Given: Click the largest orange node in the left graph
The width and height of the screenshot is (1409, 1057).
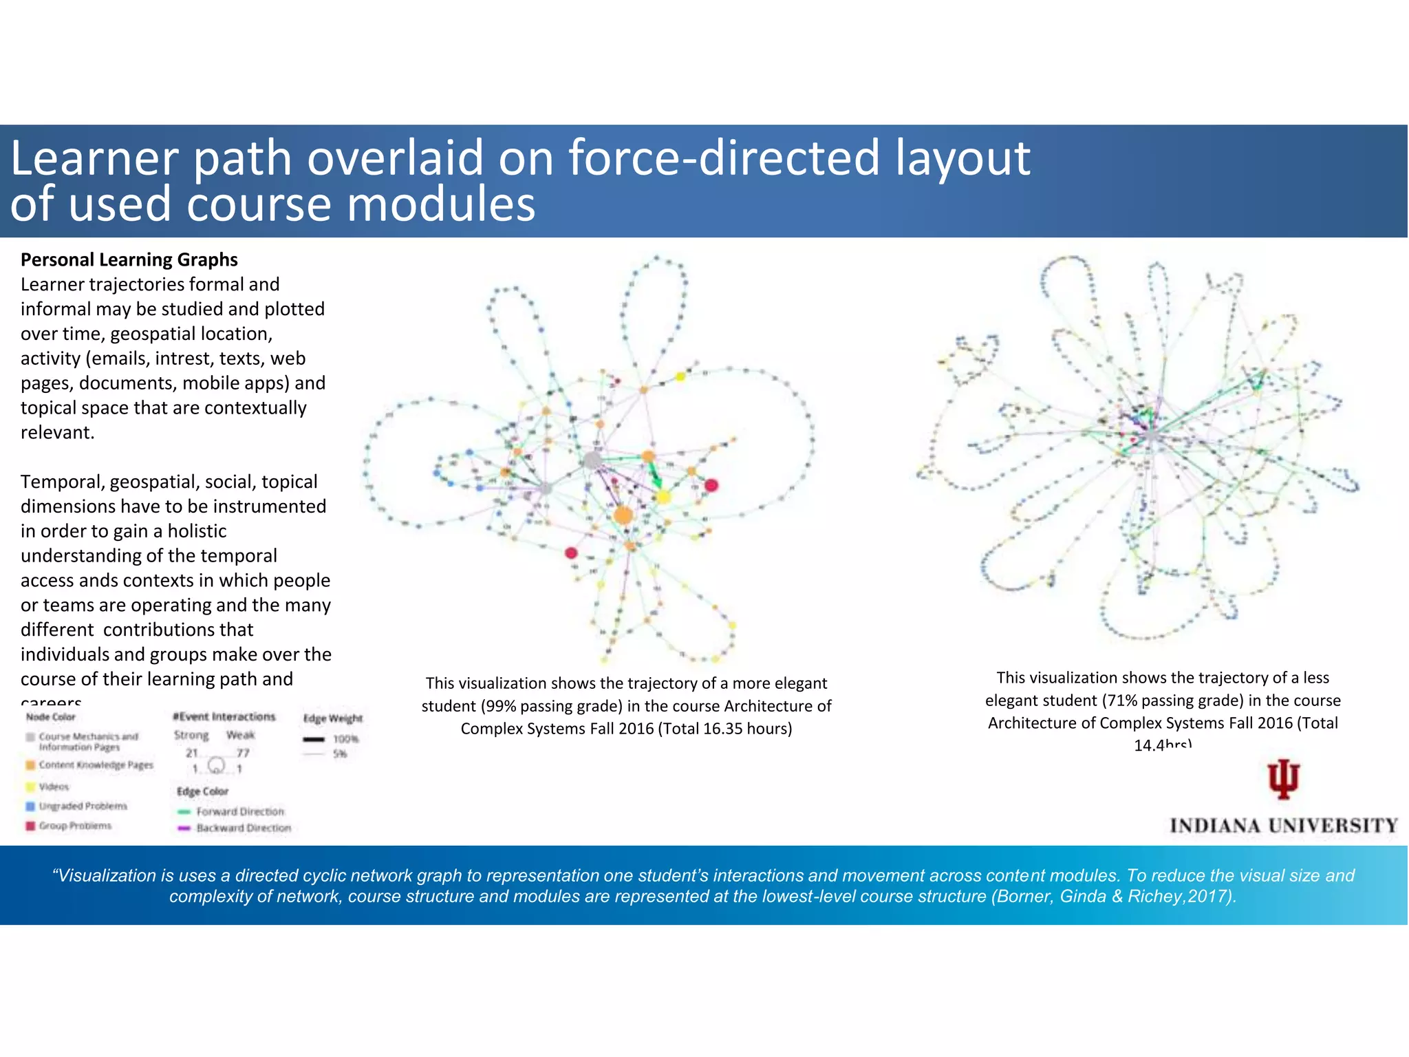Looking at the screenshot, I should pyautogui.click(x=623, y=515).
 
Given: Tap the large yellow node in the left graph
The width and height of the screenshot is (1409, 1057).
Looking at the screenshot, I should pyautogui.click(x=663, y=496).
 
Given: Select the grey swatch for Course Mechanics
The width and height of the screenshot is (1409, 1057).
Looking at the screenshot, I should pyautogui.click(x=30, y=737).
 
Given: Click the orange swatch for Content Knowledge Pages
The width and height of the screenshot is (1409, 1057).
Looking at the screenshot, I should pyautogui.click(x=30, y=765).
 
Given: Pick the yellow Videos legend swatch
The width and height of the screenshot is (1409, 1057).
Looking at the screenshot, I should pyautogui.click(x=30, y=787).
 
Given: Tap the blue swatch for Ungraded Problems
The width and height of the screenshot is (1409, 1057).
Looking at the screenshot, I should pyautogui.click(x=30, y=806).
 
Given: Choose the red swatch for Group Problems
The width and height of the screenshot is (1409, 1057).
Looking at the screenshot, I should pyautogui.click(x=30, y=826).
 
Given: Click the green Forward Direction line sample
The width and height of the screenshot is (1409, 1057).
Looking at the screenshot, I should pyautogui.click(x=184, y=812).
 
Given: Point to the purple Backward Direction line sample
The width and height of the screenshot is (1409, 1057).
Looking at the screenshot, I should pyautogui.click(x=184, y=829).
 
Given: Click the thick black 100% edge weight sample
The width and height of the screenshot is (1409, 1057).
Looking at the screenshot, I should pyautogui.click(x=314, y=740).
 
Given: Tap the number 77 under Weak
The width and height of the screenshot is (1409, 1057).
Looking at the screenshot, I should pyautogui.click(x=243, y=753).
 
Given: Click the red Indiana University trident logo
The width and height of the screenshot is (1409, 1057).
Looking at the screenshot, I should pyautogui.click(x=1283, y=780).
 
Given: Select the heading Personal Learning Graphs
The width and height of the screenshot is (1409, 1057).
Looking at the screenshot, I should pyautogui.click(x=129, y=259).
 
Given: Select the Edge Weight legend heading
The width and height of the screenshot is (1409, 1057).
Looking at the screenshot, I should pyautogui.click(x=333, y=718).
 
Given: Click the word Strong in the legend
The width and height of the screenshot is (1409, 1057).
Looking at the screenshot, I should pyautogui.click(x=191, y=735).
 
